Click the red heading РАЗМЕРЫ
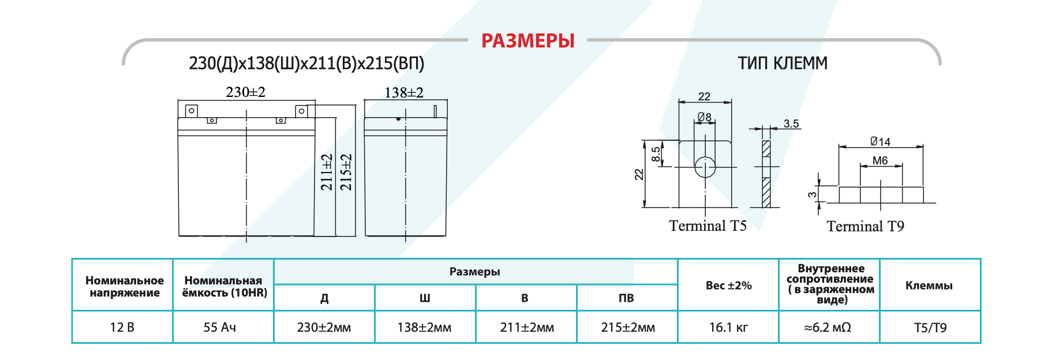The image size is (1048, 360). [527, 41]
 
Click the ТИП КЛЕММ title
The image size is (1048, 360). [782, 63]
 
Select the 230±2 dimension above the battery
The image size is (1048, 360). [245, 92]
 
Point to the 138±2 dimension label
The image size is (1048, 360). [403, 93]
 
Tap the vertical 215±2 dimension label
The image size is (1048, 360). [346, 172]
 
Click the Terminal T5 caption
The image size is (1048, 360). [708, 226]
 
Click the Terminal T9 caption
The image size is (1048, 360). [865, 226]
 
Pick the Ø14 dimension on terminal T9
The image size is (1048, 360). [880, 141]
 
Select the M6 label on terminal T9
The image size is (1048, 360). [880, 161]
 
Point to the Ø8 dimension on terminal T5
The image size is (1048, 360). [704, 117]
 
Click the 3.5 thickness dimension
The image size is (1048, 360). [791, 124]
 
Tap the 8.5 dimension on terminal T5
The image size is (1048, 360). [656, 154]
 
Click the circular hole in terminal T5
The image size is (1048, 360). [705, 167]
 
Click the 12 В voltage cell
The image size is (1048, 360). [122, 327]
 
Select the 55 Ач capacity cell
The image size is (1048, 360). [219, 327]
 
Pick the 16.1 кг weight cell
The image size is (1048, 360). [728, 327]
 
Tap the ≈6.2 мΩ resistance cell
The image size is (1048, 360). [828, 327]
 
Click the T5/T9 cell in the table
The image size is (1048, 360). [930, 327]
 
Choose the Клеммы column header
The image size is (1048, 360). [929, 285]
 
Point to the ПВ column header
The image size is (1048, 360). [626, 298]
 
